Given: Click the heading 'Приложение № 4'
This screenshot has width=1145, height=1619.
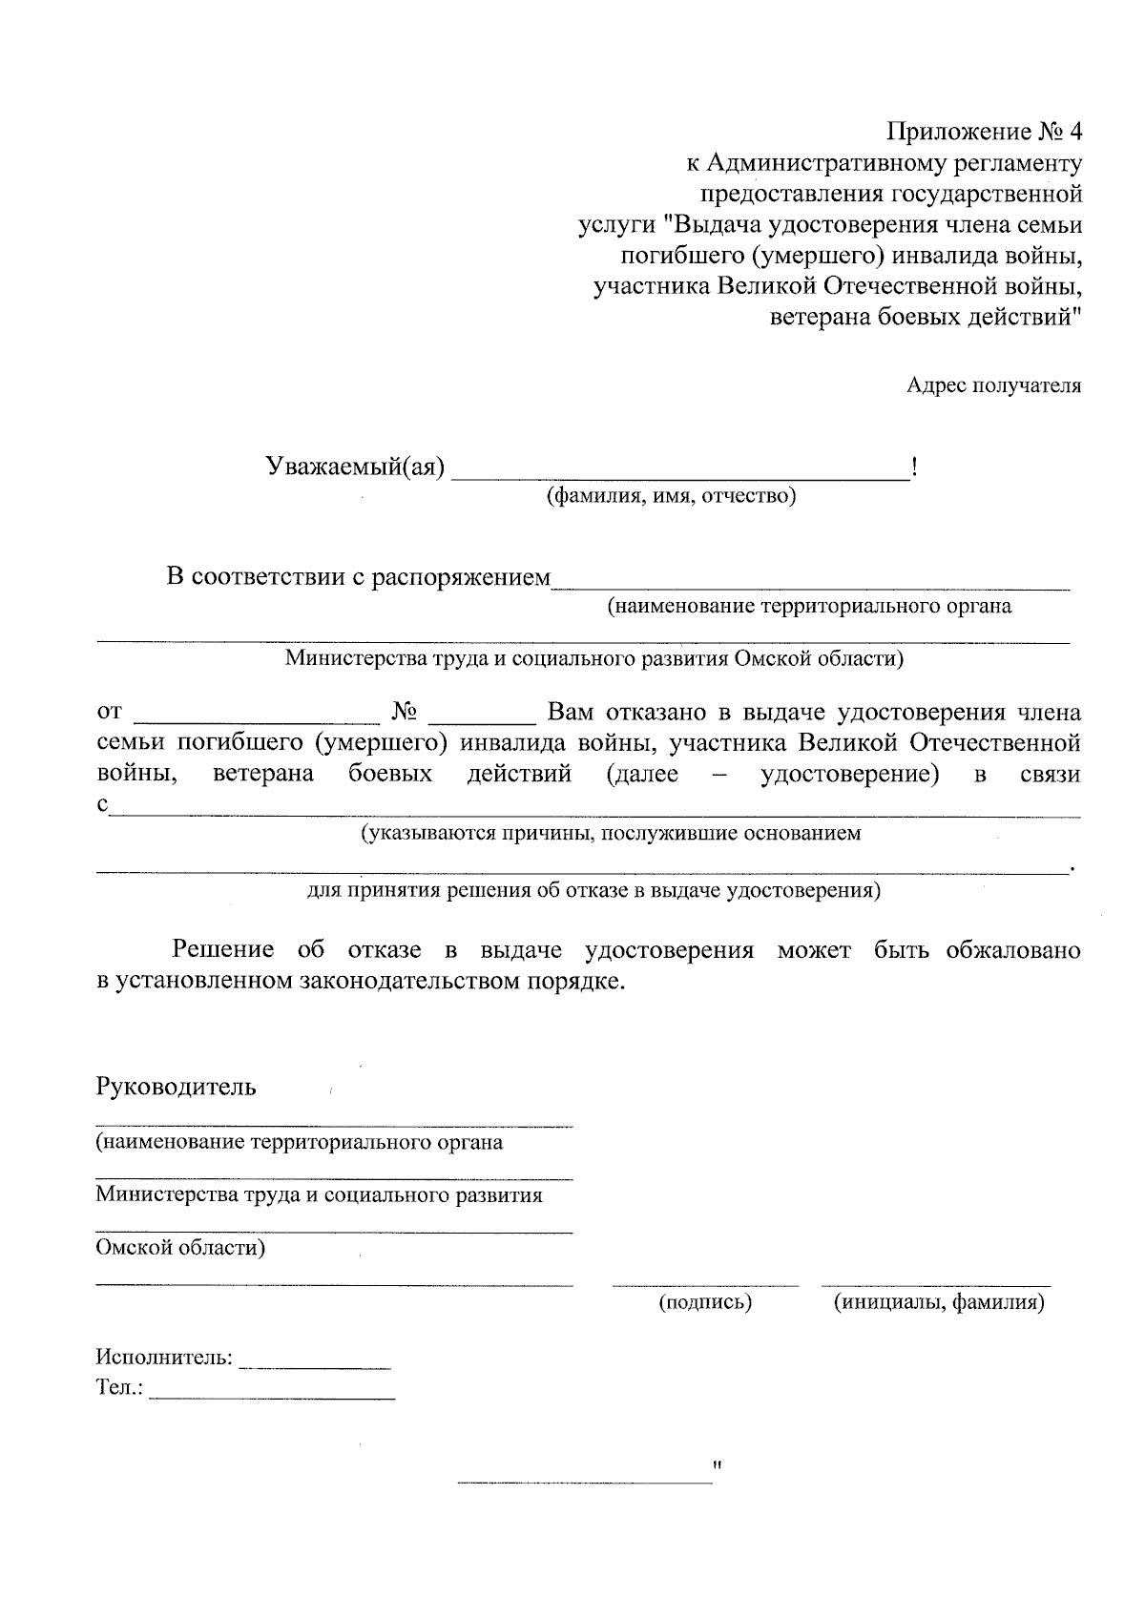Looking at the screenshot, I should coord(986,132).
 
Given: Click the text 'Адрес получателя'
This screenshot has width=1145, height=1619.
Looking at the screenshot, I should coord(993,385).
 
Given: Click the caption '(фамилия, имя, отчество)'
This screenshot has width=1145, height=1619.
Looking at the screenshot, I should coord(671,496).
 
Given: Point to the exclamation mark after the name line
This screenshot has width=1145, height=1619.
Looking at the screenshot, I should coord(915,467).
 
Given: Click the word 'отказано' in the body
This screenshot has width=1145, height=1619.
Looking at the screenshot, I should coord(647,713).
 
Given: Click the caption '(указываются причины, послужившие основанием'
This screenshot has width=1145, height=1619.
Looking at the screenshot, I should coord(610,834).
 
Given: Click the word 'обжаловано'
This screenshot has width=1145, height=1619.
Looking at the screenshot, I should coord(1013,950).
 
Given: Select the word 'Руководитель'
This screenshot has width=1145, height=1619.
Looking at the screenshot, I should coord(176,1087).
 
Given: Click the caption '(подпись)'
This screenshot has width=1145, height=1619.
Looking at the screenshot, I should coord(705,1302).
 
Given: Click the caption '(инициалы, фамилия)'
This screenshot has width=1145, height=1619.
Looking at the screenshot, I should coord(939,1302).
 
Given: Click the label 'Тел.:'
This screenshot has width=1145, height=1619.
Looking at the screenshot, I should coord(119,1388).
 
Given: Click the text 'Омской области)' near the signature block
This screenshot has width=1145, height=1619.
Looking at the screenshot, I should coord(179,1248).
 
